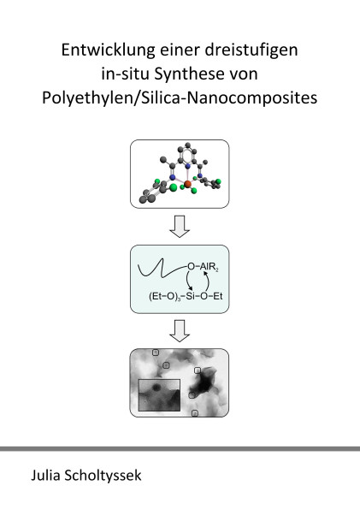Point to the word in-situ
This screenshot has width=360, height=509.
(x=126, y=74)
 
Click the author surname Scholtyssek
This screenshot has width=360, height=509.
(x=103, y=476)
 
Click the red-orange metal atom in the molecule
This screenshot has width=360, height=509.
(x=187, y=185)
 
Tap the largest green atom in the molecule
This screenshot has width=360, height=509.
(x=174, y=187)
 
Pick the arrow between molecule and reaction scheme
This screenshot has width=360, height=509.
(x=180, y=227)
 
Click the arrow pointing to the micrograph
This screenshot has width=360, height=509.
(x=180, y=331)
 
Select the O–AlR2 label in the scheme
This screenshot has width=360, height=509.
(x=204, y=267)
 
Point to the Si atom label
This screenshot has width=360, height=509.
(x=190, y=296)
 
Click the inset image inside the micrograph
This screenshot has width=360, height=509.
(x=159, y=395)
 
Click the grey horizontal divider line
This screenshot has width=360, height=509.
(x=180, y=448)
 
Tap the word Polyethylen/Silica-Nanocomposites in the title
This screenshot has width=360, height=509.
(x=180, y=98)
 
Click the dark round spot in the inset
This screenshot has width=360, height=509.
(x=156, y=387)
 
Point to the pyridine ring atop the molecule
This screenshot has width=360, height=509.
(x=187, y=154)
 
